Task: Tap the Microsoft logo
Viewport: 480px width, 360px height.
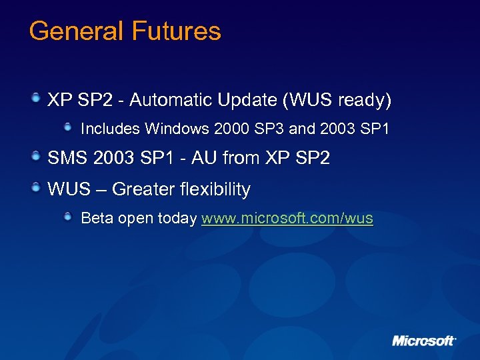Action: (x=423, y=341)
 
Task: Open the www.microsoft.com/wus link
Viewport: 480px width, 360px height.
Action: (x=287, y=219)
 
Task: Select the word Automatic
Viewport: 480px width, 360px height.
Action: (x=175, y=100)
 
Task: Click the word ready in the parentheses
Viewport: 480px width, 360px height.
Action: (x=364, y=100)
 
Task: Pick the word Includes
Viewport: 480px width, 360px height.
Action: (x=110, y=128)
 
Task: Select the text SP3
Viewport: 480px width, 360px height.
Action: (x=265, y=128)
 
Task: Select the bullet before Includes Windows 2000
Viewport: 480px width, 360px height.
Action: (x=69, y=126)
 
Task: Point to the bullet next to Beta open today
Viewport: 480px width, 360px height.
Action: (x=69, y=217)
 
